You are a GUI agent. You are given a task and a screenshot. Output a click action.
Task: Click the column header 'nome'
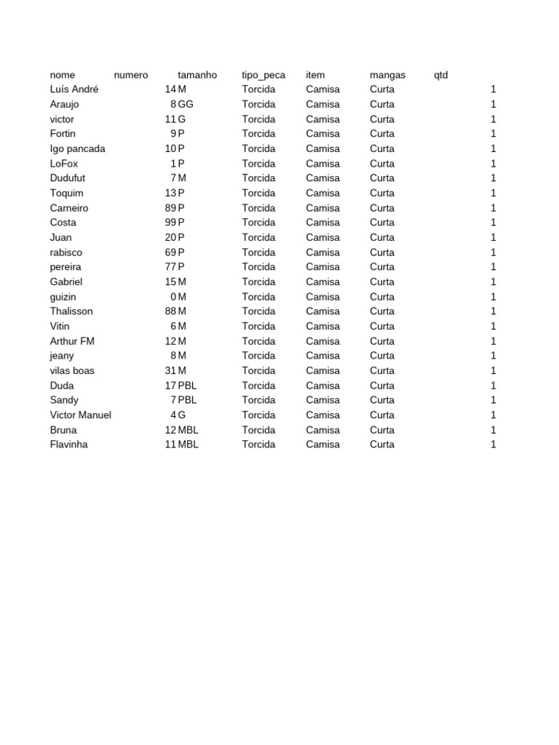click(62, 75)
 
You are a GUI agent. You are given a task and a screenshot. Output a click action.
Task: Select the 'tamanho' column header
click(197, 75)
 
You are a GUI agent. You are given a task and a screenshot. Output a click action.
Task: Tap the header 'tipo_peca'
click(263, 75)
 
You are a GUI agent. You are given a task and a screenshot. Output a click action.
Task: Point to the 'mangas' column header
click(387, 75)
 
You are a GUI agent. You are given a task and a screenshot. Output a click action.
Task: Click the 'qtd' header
click(440, 75)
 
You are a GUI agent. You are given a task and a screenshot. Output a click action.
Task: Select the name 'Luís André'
click(74, 89)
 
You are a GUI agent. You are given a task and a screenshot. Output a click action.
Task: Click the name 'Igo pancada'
click(77, 148)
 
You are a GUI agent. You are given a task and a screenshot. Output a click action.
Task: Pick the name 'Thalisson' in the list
click(71, 311)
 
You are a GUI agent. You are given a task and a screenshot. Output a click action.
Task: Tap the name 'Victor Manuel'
click(80, 415)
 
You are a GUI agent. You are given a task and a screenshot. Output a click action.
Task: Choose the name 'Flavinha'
click(68, 445)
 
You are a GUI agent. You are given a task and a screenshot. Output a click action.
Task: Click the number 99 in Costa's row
click(170, 223)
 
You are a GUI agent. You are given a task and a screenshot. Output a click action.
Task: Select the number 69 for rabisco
click(170, 252)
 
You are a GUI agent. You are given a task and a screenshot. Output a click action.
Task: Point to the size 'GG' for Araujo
click(186, 104)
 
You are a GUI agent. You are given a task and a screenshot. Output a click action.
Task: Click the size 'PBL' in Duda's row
click(188, 386)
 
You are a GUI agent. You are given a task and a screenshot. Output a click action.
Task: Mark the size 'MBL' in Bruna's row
click(189, 430)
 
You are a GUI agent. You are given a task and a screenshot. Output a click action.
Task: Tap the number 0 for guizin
click(173, 297)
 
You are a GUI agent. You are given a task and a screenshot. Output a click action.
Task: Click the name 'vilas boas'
click(72, 370)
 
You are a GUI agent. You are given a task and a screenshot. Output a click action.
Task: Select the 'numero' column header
click(131, 75)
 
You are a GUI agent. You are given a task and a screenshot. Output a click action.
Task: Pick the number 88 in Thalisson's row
click(170, 311)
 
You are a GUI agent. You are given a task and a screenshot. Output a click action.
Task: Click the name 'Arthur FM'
click(72, 341)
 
